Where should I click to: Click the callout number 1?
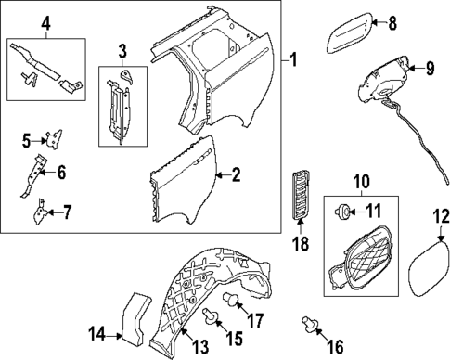[295, 63]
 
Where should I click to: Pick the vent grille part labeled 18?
[299, 196]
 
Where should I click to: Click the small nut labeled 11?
[342, 212]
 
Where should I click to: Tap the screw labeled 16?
[308, 324]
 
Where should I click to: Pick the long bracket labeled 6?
[39, 174]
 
